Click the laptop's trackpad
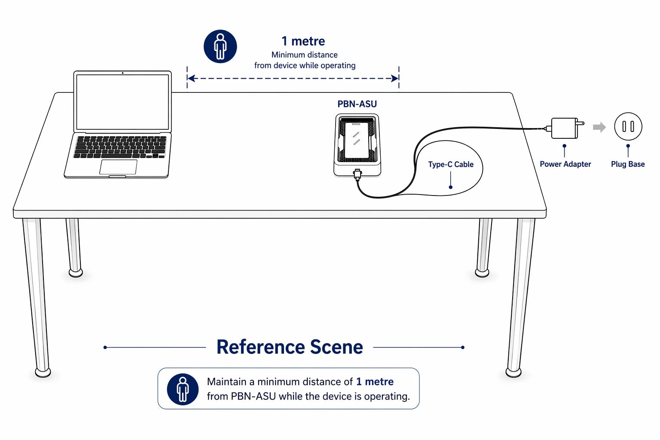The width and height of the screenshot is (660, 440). (x=118, y=167)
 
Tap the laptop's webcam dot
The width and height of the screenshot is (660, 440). (x=122, y=73)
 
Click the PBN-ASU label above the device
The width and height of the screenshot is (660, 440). (x=357, y=104)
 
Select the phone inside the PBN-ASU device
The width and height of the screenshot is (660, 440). (x=357, y=140)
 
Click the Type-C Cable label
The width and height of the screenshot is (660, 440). (x=451, y=165)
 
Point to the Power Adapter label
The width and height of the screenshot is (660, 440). (x=565, y=164)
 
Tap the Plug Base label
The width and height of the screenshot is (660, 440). (x=628, y=164)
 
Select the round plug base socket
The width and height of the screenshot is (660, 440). (x=628, y=126)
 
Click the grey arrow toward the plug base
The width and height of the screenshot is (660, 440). (x=599, y=127)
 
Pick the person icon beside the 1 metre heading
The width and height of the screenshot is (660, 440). (x=220, y=46)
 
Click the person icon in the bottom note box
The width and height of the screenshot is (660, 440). (x=183, y=389)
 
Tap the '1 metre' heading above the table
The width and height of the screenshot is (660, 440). (x=303, y=41)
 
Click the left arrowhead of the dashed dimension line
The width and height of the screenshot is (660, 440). (x=191, y=78)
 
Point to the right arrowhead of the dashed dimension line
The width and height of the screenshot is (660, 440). (x=395, y=78)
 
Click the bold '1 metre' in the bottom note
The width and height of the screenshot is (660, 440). (x=375, y=382)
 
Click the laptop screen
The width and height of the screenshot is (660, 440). (x=122, y=102)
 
